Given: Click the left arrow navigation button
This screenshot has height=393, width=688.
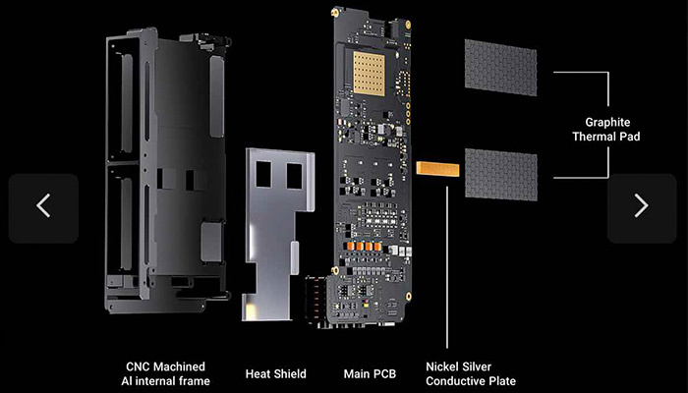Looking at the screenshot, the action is coord(43,208).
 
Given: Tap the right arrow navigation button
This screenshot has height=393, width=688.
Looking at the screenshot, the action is coord(642,208).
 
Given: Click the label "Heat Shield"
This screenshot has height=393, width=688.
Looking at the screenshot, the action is coord(275,374).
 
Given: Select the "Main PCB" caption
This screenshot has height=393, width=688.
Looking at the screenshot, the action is coord(370,374).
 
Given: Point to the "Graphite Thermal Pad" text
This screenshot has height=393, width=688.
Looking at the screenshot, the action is coord(606,130).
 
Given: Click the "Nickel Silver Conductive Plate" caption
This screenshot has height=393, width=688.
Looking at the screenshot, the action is coord(471,373).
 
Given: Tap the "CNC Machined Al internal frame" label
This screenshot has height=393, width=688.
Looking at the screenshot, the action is coord(165,373).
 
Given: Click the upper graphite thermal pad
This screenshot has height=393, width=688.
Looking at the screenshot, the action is coord(500,68).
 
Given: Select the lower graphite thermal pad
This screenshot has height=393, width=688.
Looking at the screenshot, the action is coord(501,175).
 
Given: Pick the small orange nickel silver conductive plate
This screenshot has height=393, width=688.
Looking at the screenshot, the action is coord(438,169).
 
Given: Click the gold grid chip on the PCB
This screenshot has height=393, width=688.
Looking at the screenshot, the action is coord(369,74).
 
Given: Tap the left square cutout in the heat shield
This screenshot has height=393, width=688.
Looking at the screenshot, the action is coord(263,174).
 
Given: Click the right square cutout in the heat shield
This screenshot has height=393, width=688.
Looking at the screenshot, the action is coord(295,176).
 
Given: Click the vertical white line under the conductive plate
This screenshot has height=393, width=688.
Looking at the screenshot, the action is coord(447,267).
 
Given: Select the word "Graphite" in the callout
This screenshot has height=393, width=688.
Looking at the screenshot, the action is coord(607,123).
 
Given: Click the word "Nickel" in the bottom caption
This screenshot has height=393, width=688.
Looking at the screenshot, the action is coord(442,366).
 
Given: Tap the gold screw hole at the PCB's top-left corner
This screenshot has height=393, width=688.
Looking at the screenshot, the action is coord(335,13).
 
